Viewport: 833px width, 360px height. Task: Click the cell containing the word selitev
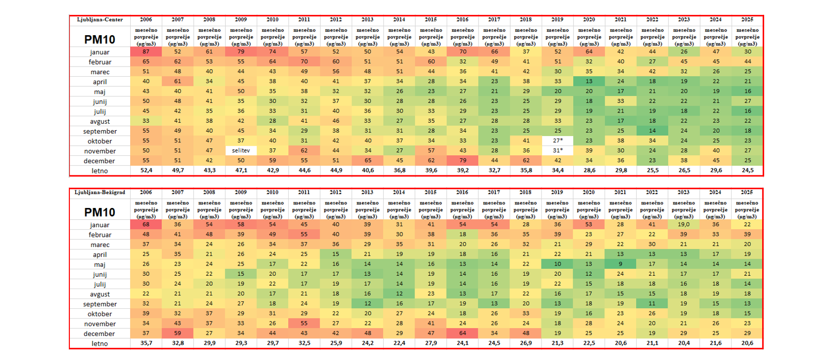click(x=241, y=151)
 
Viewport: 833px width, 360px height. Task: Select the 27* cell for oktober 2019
click(x=557, y=141)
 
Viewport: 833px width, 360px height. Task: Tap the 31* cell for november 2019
click(x=557, y=151)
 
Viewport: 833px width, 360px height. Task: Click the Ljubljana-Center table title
click(x=100, y=20)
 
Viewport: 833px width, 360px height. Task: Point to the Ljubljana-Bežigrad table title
click(x=100, y=193)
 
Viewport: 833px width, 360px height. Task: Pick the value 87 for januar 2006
click(x=146, y=52)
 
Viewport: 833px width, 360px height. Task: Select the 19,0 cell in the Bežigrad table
click(x=684, y=225)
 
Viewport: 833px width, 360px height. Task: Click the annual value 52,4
click(x=146, y=171)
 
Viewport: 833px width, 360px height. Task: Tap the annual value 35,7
click(x=146, y=343)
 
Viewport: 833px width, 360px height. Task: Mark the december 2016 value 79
click(x=463, y=161)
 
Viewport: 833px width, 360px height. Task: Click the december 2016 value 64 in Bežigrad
click(x=463, y=333)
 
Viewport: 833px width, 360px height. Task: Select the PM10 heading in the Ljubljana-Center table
click(x=100, y=39)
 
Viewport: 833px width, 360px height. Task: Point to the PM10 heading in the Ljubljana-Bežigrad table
click(x=100, y=212)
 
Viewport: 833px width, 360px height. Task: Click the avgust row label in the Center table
click(x=100, y=121)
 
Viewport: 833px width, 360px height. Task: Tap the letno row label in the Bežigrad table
click(x=100, y=343)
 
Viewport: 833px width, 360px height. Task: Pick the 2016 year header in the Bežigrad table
click(x=463, y=193)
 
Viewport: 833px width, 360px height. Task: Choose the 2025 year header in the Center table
click(x=747, y=20)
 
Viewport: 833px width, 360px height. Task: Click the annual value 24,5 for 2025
click(x=747, y=171)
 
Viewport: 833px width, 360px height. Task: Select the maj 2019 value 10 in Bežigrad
click(x=557, y=264)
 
